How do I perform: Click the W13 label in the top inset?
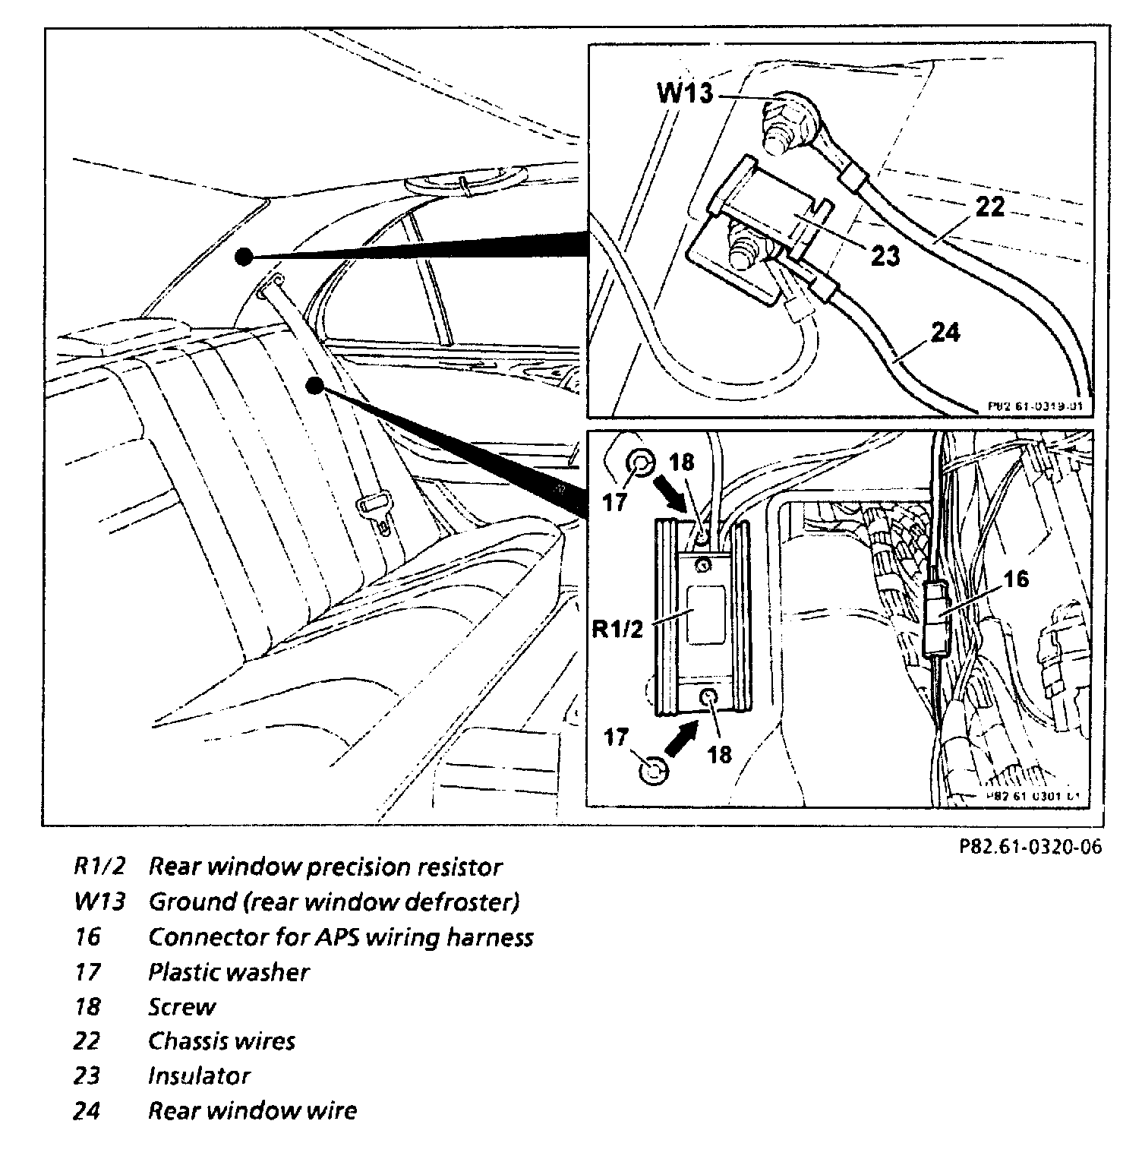click(x=685, y=93)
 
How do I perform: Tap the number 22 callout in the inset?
click(x=989, y=206)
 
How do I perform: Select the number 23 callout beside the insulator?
click(x=885, y=256)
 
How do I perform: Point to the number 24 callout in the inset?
click(x=945, y=333)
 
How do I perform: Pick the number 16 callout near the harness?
click(x=1016, y=579)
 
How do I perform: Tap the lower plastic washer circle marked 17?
click(x=653, y=772)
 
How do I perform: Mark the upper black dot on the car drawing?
click(x=243, y=257)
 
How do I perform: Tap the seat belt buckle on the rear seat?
click(x=375, y=505)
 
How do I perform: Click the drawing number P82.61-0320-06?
click(x=1029, y=846)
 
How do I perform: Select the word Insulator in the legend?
click(x=199, y=1076)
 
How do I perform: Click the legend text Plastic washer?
click(x=229, y=972)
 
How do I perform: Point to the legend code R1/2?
click(x=99, y=867)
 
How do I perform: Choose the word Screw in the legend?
click(x=181, y=1007)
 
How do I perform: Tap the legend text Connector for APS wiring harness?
click(x=340, y=937)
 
